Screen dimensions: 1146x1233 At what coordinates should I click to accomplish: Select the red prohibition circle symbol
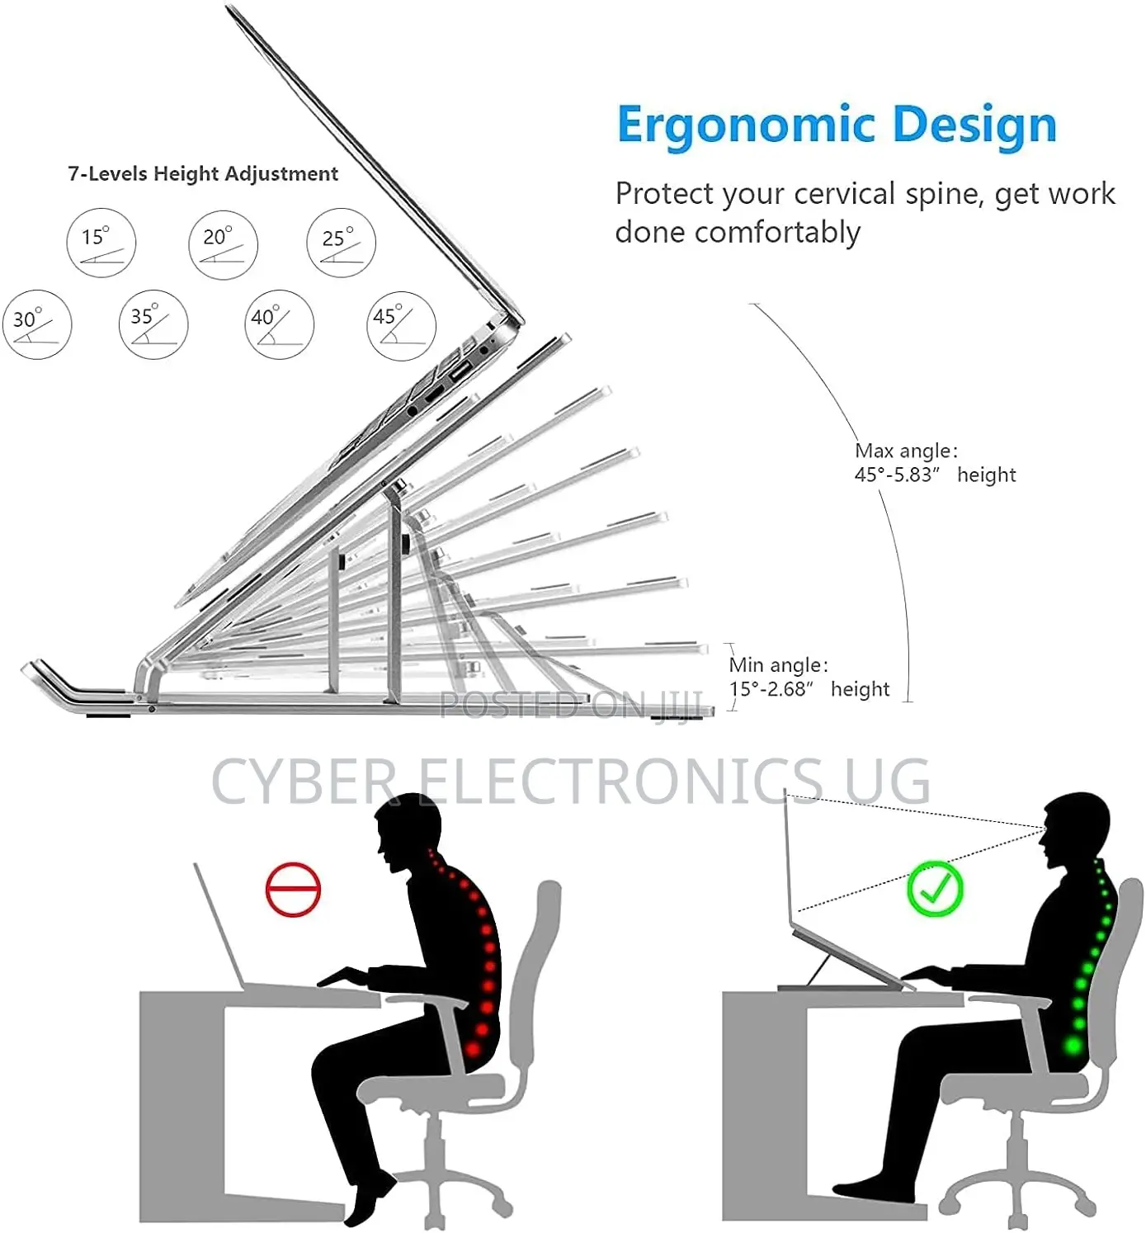(x=293, y=889)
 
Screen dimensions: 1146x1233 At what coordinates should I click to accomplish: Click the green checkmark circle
(x=935, y=888)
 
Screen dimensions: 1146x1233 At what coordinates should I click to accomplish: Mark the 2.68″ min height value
(x=786, y=689)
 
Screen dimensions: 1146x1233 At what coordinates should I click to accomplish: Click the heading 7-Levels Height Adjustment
(x=203, y=174)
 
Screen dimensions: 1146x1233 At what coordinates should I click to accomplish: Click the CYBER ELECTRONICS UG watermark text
(x=570, y=781)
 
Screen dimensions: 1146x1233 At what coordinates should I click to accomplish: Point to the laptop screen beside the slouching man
(x=218, y=925)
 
